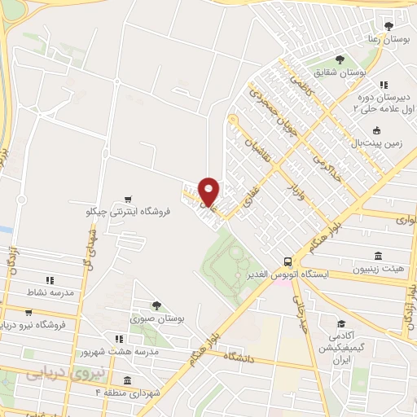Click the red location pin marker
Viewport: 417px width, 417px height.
tap(209, 191)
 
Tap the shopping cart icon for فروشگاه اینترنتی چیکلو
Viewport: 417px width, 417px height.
tap(127, 199)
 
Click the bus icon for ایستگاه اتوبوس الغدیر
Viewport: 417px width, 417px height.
tap(288, 261)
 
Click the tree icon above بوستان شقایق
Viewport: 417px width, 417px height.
tap(340, 59)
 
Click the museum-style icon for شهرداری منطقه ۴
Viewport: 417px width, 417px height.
tap(127, 380)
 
